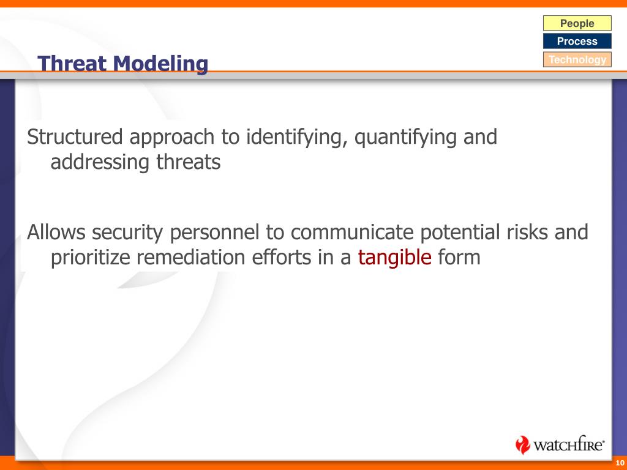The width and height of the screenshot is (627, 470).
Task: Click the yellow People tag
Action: pyautogui.click(x=577, y=23)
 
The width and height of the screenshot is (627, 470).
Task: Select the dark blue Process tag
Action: pyautogui.click(x=577, y=41)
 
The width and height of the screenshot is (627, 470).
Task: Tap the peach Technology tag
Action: pyautogui.click(x=577, y=59)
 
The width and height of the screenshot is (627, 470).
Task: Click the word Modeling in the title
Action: pyautogui.click(x=160, y=64)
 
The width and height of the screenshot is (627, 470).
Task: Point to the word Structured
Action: pyautogui.click(x=75, y=136)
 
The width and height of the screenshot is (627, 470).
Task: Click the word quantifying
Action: pyautogui.click(x=405, y=138)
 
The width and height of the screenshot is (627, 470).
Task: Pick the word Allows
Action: pyautogui.click(x=56, y=232)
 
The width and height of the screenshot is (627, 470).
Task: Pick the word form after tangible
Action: pyautogui.click(x=459, y=258)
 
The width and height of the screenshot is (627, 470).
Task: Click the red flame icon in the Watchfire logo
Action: pyautogui.click(x=523, y=444)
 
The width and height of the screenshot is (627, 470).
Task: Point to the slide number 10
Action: pyautogui.click(x=620, y=463)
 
